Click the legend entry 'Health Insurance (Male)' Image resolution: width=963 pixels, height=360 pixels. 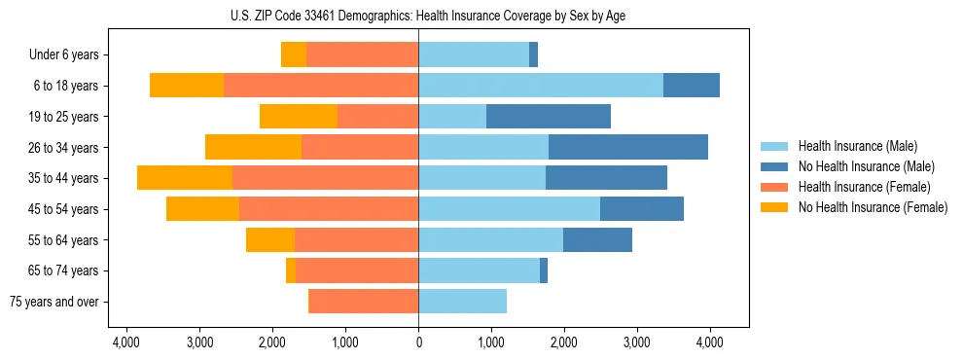coord(851,147)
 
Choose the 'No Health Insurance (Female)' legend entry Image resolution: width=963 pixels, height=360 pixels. coord(872,207)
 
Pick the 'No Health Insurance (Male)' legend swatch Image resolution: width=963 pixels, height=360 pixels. coord(775,167)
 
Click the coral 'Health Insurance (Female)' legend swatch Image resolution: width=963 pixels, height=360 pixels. coord(775,187)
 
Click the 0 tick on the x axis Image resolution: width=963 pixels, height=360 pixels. coord(418,342)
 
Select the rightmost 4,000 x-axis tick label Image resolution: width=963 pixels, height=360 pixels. coord(709,342)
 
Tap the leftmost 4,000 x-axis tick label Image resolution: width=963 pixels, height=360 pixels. coord(127,342)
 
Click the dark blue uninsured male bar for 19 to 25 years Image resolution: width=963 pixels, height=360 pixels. coord(549,117)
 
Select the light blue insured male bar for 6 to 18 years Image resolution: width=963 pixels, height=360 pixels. coord(541,86)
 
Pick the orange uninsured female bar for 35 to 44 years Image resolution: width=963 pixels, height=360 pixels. coord(185,178)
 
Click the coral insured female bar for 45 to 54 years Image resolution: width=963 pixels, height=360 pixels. coord(329,209)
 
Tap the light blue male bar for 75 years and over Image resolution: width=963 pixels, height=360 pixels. coord(462,302)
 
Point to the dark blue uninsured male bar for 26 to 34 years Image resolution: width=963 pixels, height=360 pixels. coord(628,148)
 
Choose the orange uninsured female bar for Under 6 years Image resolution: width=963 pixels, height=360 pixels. coord(294,55)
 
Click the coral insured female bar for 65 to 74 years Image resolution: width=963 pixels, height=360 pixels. coord(357,270)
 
